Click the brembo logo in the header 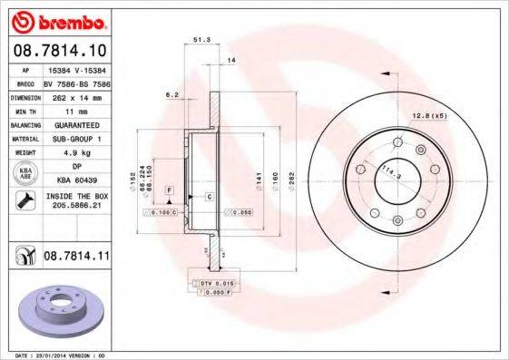click(x=56, y=20)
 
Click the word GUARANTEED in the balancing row click(x=76, y=124)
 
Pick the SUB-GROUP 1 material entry click(x=76, y=139)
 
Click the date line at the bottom click(x=54, y=355)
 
